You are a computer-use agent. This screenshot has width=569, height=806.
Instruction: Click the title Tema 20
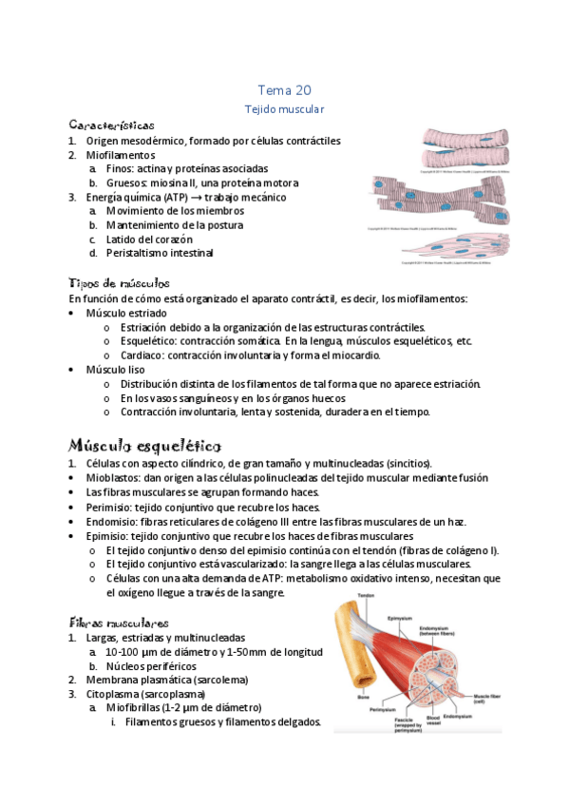tap(284, 90)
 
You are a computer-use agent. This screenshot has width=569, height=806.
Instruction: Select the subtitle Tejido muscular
tap(284, 110)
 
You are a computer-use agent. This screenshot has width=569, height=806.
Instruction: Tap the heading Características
tap(111, 125)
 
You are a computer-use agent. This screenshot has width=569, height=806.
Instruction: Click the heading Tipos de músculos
tap(120, 283)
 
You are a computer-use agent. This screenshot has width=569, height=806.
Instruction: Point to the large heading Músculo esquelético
tap(144, 445)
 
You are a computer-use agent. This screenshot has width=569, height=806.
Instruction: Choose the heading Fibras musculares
tap(119, 622)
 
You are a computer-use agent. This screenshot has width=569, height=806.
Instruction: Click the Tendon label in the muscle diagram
tap(366, 596)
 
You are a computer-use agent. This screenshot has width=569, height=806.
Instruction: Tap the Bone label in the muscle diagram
tap(364, 697)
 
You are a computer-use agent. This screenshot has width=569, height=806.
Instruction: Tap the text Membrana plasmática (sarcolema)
tap(166, 680)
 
